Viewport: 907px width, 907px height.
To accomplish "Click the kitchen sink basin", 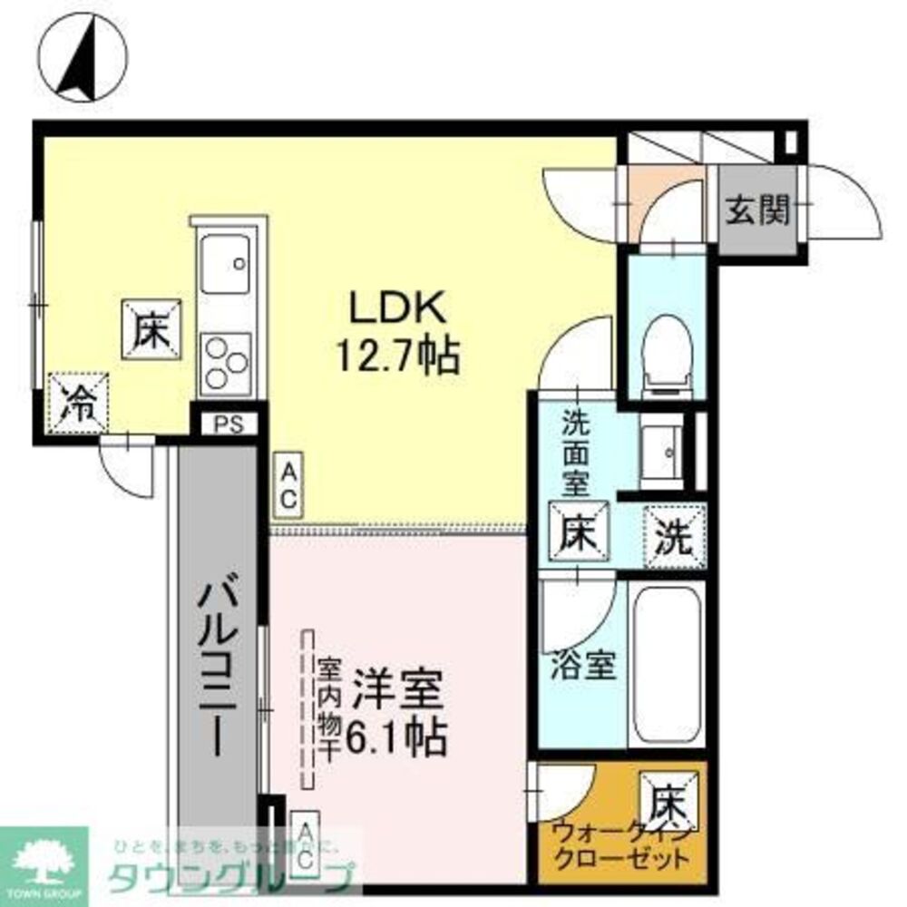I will click(x=225, y=264).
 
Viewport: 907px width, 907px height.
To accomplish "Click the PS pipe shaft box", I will click(x=229, y=424).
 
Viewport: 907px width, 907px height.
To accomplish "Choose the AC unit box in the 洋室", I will click(x=306, y=843).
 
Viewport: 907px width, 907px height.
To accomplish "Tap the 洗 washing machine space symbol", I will click(x=674, y=535).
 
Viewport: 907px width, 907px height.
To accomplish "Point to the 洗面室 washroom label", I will click(x=574, y=453).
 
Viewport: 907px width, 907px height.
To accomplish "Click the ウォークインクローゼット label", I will click(x=623, y=844).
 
